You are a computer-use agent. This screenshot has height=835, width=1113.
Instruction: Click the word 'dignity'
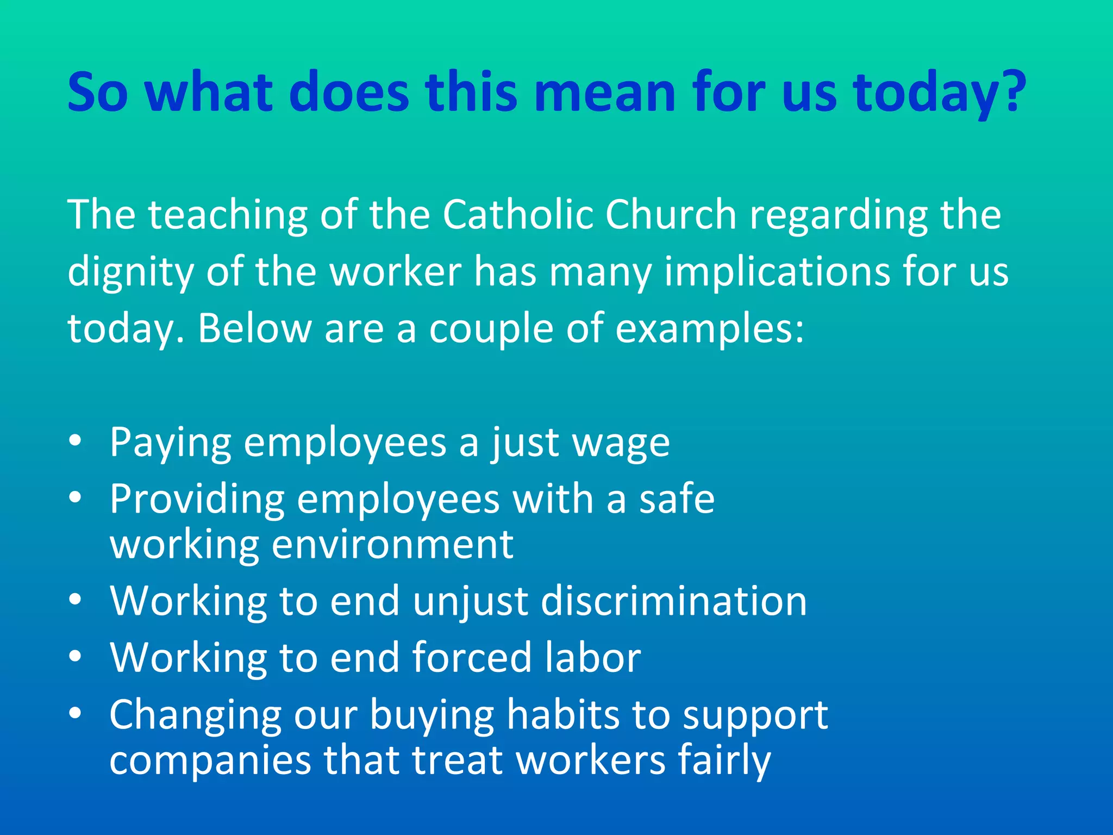pyautogui.click(x=130, y=272)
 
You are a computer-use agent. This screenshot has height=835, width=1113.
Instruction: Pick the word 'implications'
pyautogui.click(x=777, y=272)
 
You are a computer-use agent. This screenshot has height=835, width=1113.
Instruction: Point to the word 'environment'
pyautogui.click(x=392, y=544)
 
